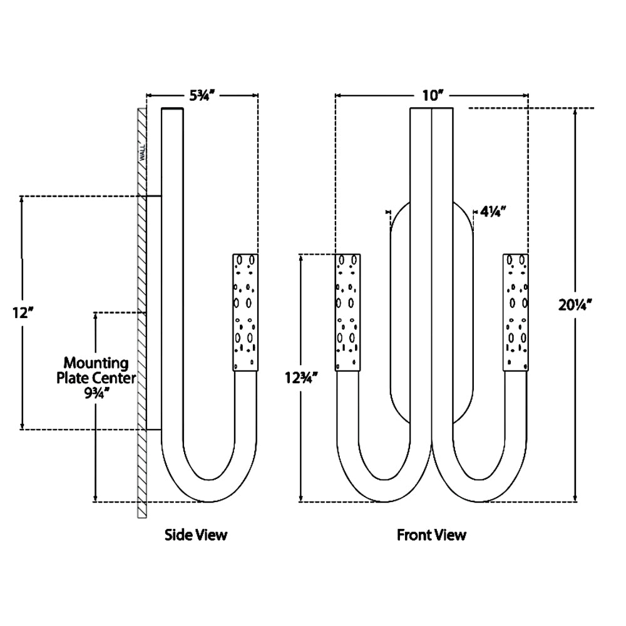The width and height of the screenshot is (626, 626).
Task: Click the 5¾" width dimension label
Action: point(203,96)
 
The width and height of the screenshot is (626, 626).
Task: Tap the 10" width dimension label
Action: point(433,96)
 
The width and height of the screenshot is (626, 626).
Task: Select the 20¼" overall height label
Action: point(576,305)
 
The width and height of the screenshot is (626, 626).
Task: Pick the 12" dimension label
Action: point(22,312)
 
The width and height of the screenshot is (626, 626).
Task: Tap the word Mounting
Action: point(96,363)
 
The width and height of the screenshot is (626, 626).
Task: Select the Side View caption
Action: point(196,535)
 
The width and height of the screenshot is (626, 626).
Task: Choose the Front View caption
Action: point(431,535)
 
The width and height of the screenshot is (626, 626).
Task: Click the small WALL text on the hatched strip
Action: point(143,152)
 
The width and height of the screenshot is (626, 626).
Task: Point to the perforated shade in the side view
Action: point(245,312)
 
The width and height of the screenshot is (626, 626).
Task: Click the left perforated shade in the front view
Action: point(349,312)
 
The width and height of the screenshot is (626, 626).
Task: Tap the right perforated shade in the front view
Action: point(516,312)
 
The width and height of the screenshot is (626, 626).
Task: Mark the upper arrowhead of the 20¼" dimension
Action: point(576,112)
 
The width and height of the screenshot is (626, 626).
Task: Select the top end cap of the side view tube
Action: point(173,110)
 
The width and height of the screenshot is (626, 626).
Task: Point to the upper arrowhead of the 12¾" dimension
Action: point(302,257)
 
